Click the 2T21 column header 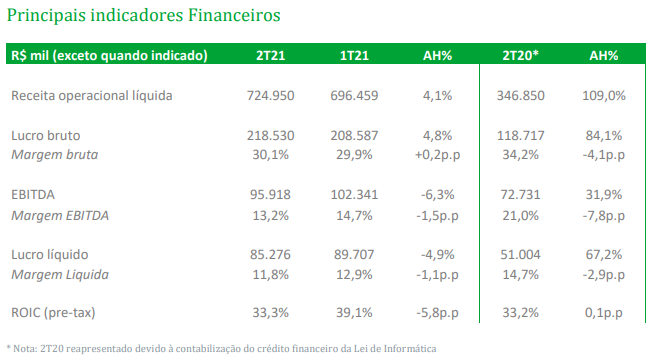(271, 55)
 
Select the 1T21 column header (354, 55)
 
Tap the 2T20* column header (521, 55)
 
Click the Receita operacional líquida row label (92, 96)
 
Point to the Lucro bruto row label (46, 135)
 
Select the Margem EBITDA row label (60, 215)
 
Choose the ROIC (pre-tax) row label (53, 312)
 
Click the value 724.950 (271, 96)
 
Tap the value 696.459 (354, 96)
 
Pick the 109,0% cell (604, 96)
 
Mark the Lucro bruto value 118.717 (521, 135)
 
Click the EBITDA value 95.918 (271, 195)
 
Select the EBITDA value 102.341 (354, 195)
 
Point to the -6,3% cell (437, 195)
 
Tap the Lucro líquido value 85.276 (271, 255)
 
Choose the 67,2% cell (604, 255)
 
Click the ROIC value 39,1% (354, 312)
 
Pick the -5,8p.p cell (437, 312)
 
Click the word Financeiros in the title (234, 15)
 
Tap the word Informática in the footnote (410, 348)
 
